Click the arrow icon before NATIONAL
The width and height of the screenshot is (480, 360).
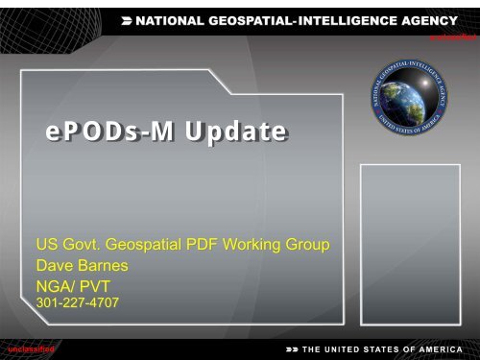coord(130,18)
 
